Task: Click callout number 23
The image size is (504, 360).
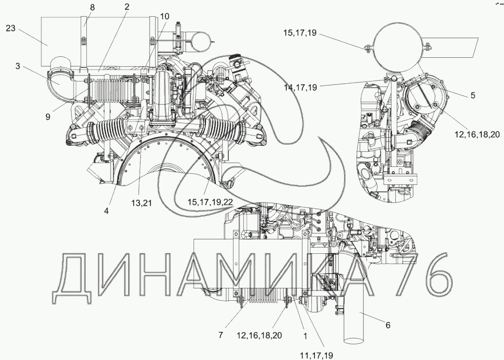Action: (x=11, y=29)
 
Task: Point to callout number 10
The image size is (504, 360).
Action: (x=164, y=16)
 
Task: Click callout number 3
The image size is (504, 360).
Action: (x=18, y=65)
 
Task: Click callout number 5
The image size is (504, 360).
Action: (x=472, y=95)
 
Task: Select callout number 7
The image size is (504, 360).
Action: (x=221, y=335)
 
